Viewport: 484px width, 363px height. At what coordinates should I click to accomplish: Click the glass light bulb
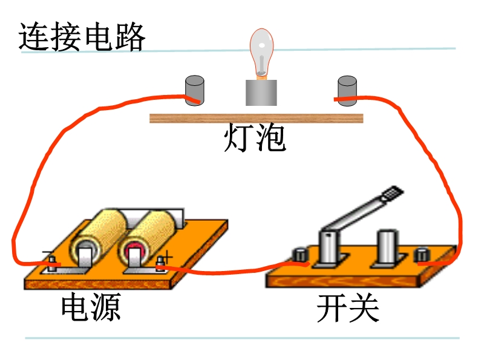(261, 52)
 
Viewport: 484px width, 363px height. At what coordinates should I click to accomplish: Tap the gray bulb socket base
(261, 93)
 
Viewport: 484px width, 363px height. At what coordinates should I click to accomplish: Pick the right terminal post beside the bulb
(347, 91)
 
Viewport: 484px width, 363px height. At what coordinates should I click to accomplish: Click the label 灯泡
(255, 137)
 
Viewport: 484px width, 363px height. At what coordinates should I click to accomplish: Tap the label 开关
(348, 308)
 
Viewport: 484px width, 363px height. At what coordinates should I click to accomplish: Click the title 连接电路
(82, 37)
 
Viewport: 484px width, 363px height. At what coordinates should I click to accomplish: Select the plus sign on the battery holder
(167, 257)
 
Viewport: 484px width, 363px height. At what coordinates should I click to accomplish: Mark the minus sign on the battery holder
(47, 253)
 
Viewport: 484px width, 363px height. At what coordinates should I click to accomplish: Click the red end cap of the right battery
(133, 249)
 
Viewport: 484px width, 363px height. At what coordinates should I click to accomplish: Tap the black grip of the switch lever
(392, 193)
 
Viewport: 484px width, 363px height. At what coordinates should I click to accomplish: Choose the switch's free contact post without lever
(387, 247)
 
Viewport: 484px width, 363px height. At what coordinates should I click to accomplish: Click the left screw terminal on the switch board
(300, 255)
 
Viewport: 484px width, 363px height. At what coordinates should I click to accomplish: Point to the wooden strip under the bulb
(256, 118)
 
